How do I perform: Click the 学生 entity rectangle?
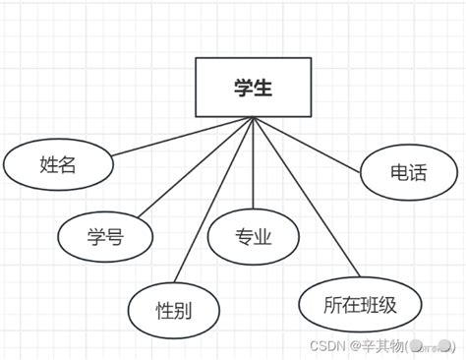[x=253, y=88]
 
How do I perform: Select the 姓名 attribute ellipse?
[x=57, y=165]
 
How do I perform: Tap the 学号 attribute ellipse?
[x=105, y=236]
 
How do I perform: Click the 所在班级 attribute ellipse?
[x=360, y=304]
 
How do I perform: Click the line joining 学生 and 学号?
[x=197, y=166]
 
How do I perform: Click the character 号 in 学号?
[x=116, y=236]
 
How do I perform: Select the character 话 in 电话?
[x=419, y=173]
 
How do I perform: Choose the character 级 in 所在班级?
[x=387, y=304]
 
